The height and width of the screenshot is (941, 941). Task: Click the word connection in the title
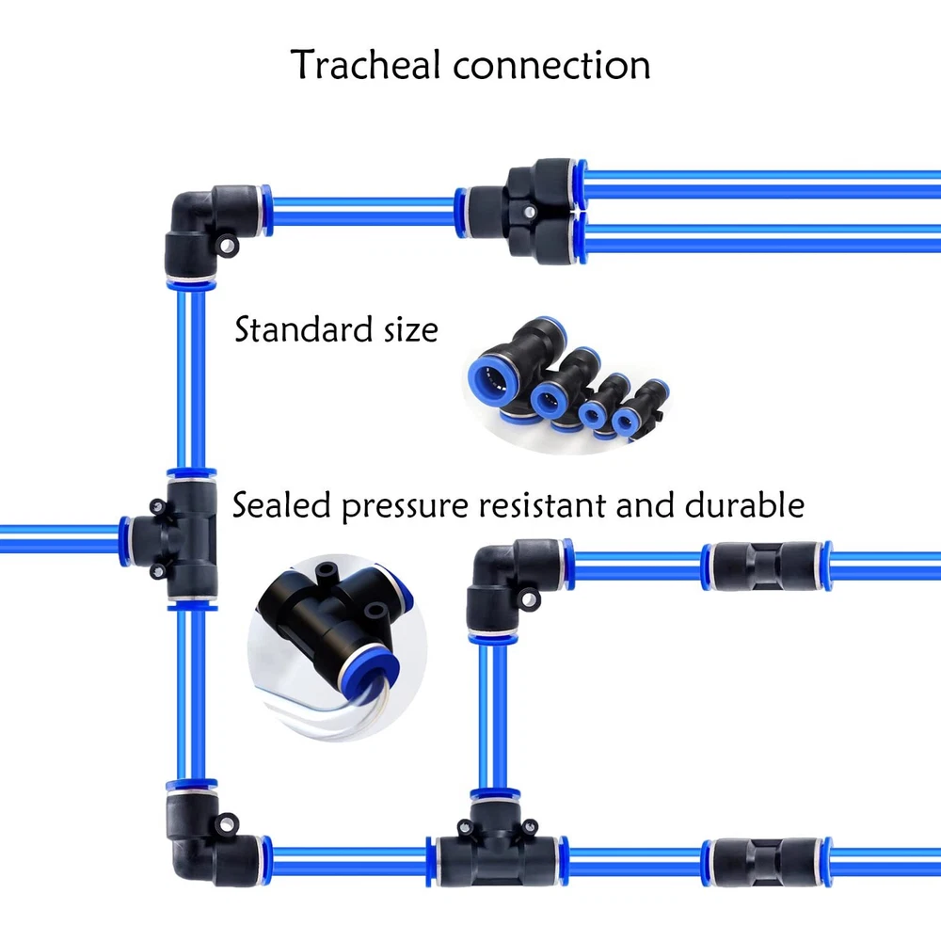(x=550, y=66)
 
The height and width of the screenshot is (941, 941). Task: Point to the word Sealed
(x=282, y=505)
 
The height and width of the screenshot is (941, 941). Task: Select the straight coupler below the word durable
(x=765, y=566)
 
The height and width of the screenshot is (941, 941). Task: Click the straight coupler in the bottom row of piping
(x=765, y=859)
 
